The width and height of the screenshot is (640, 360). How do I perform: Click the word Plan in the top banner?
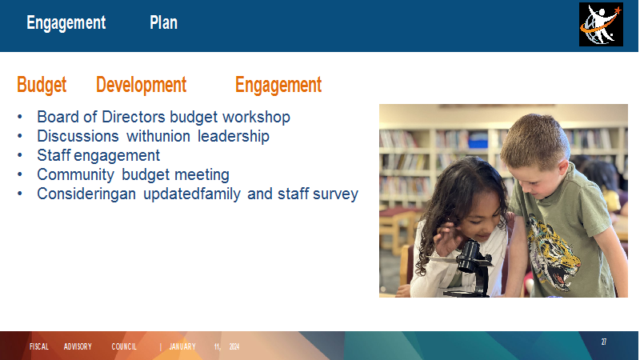point(163,23)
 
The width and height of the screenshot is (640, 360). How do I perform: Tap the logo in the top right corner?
point(601,25)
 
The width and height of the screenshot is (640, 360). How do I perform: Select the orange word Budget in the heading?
point(42,85)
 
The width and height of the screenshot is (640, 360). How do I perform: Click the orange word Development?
point(142,85)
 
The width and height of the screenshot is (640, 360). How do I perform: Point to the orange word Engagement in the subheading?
point(278,86)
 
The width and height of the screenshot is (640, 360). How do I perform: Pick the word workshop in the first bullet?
point(256,117)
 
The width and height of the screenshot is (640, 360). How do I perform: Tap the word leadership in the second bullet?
point(234,136)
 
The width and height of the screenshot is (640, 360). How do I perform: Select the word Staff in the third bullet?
point(54,155)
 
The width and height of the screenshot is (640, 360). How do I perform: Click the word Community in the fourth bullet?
point(75,174)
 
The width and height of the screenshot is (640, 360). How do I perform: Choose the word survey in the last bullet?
point(335,194)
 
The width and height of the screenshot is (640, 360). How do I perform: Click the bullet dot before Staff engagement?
point(19,155)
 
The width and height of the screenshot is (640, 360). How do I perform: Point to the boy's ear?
point(563,170)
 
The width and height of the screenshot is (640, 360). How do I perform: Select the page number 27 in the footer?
point(604,342)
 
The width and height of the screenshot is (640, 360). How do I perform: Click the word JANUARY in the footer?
point(182,347)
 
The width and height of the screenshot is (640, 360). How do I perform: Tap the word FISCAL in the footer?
point(39,347)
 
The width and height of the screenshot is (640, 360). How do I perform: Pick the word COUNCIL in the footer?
point(124,347)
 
